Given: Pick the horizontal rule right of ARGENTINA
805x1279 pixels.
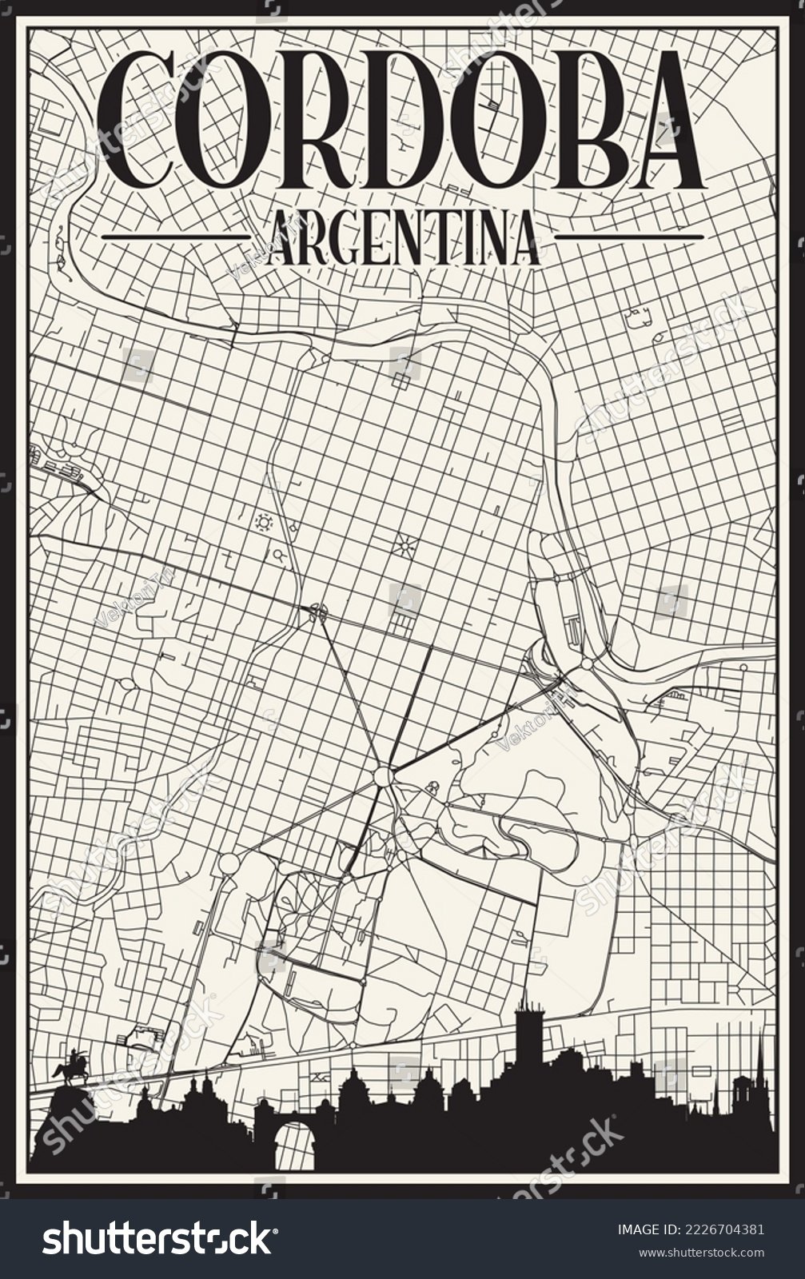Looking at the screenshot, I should [628, 237].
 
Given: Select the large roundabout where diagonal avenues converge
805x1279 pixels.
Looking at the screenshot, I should [383, 776].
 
